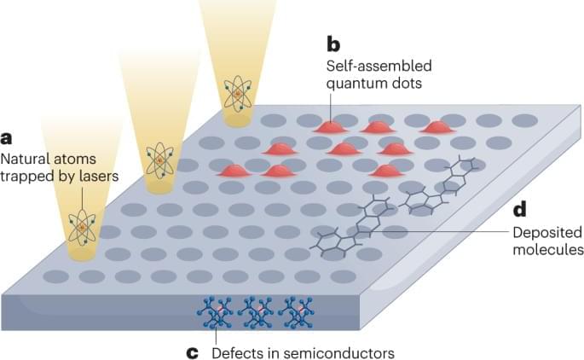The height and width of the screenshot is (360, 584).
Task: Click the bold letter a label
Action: coord(7,137)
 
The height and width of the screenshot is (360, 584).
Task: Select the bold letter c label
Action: coord(193,351)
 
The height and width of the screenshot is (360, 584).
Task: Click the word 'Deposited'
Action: coord(546,231)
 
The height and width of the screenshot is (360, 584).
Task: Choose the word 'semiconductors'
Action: coord(345,351)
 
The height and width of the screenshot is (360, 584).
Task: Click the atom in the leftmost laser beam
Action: coord(83,226)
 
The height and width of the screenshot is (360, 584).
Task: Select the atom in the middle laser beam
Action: coord(159,160)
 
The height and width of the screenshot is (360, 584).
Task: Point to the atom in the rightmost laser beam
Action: coord(237,93)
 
